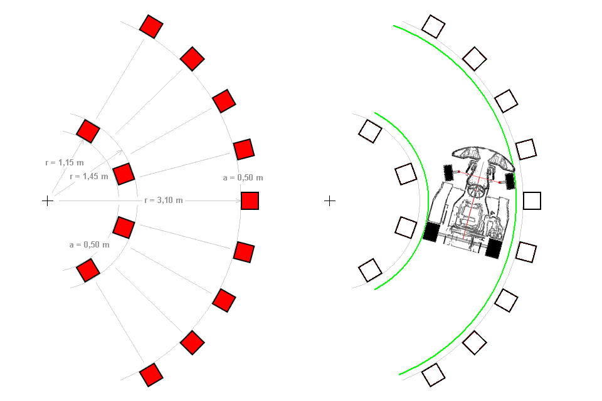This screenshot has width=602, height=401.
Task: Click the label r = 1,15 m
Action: (65, 163)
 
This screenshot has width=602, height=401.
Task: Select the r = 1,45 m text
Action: (89, 177)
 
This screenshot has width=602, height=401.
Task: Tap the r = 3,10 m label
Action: (164, 200)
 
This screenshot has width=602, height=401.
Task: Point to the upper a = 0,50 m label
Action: (243, 178)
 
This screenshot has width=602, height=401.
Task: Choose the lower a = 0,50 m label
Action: (90, 245)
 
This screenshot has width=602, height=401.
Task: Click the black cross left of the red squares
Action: (48, 200)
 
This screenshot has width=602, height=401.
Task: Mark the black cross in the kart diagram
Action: (330, 200)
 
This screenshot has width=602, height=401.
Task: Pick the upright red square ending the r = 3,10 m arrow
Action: (250, 200)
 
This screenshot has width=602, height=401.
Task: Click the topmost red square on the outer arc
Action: (151, 26)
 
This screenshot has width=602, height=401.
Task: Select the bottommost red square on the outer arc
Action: (151, 375)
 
